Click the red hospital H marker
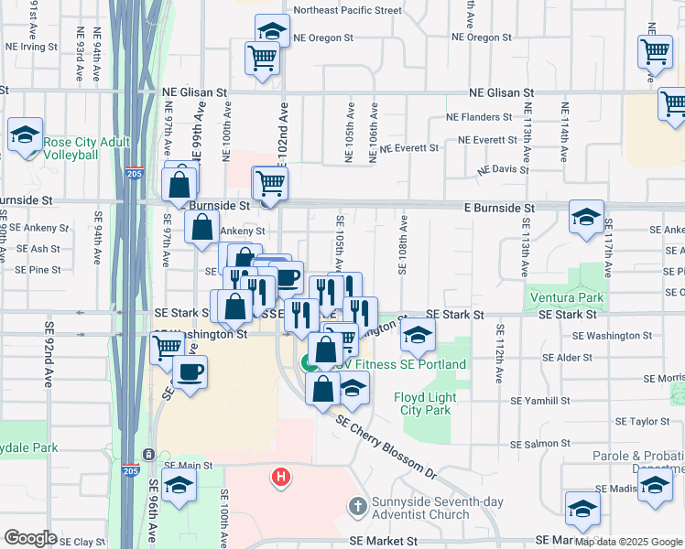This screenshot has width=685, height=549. tap(282, 477)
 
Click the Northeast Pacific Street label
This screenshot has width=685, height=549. tap(347, 11)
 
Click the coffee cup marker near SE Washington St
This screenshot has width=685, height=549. tap(190, 372)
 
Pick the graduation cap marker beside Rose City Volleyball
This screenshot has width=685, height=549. tap(26, 134)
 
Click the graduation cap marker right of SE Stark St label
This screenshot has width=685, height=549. tap(418, 338)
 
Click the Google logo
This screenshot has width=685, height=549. tap(31, 538)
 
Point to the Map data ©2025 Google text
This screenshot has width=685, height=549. tap(627, 542)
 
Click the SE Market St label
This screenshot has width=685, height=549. tap(384, 542)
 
